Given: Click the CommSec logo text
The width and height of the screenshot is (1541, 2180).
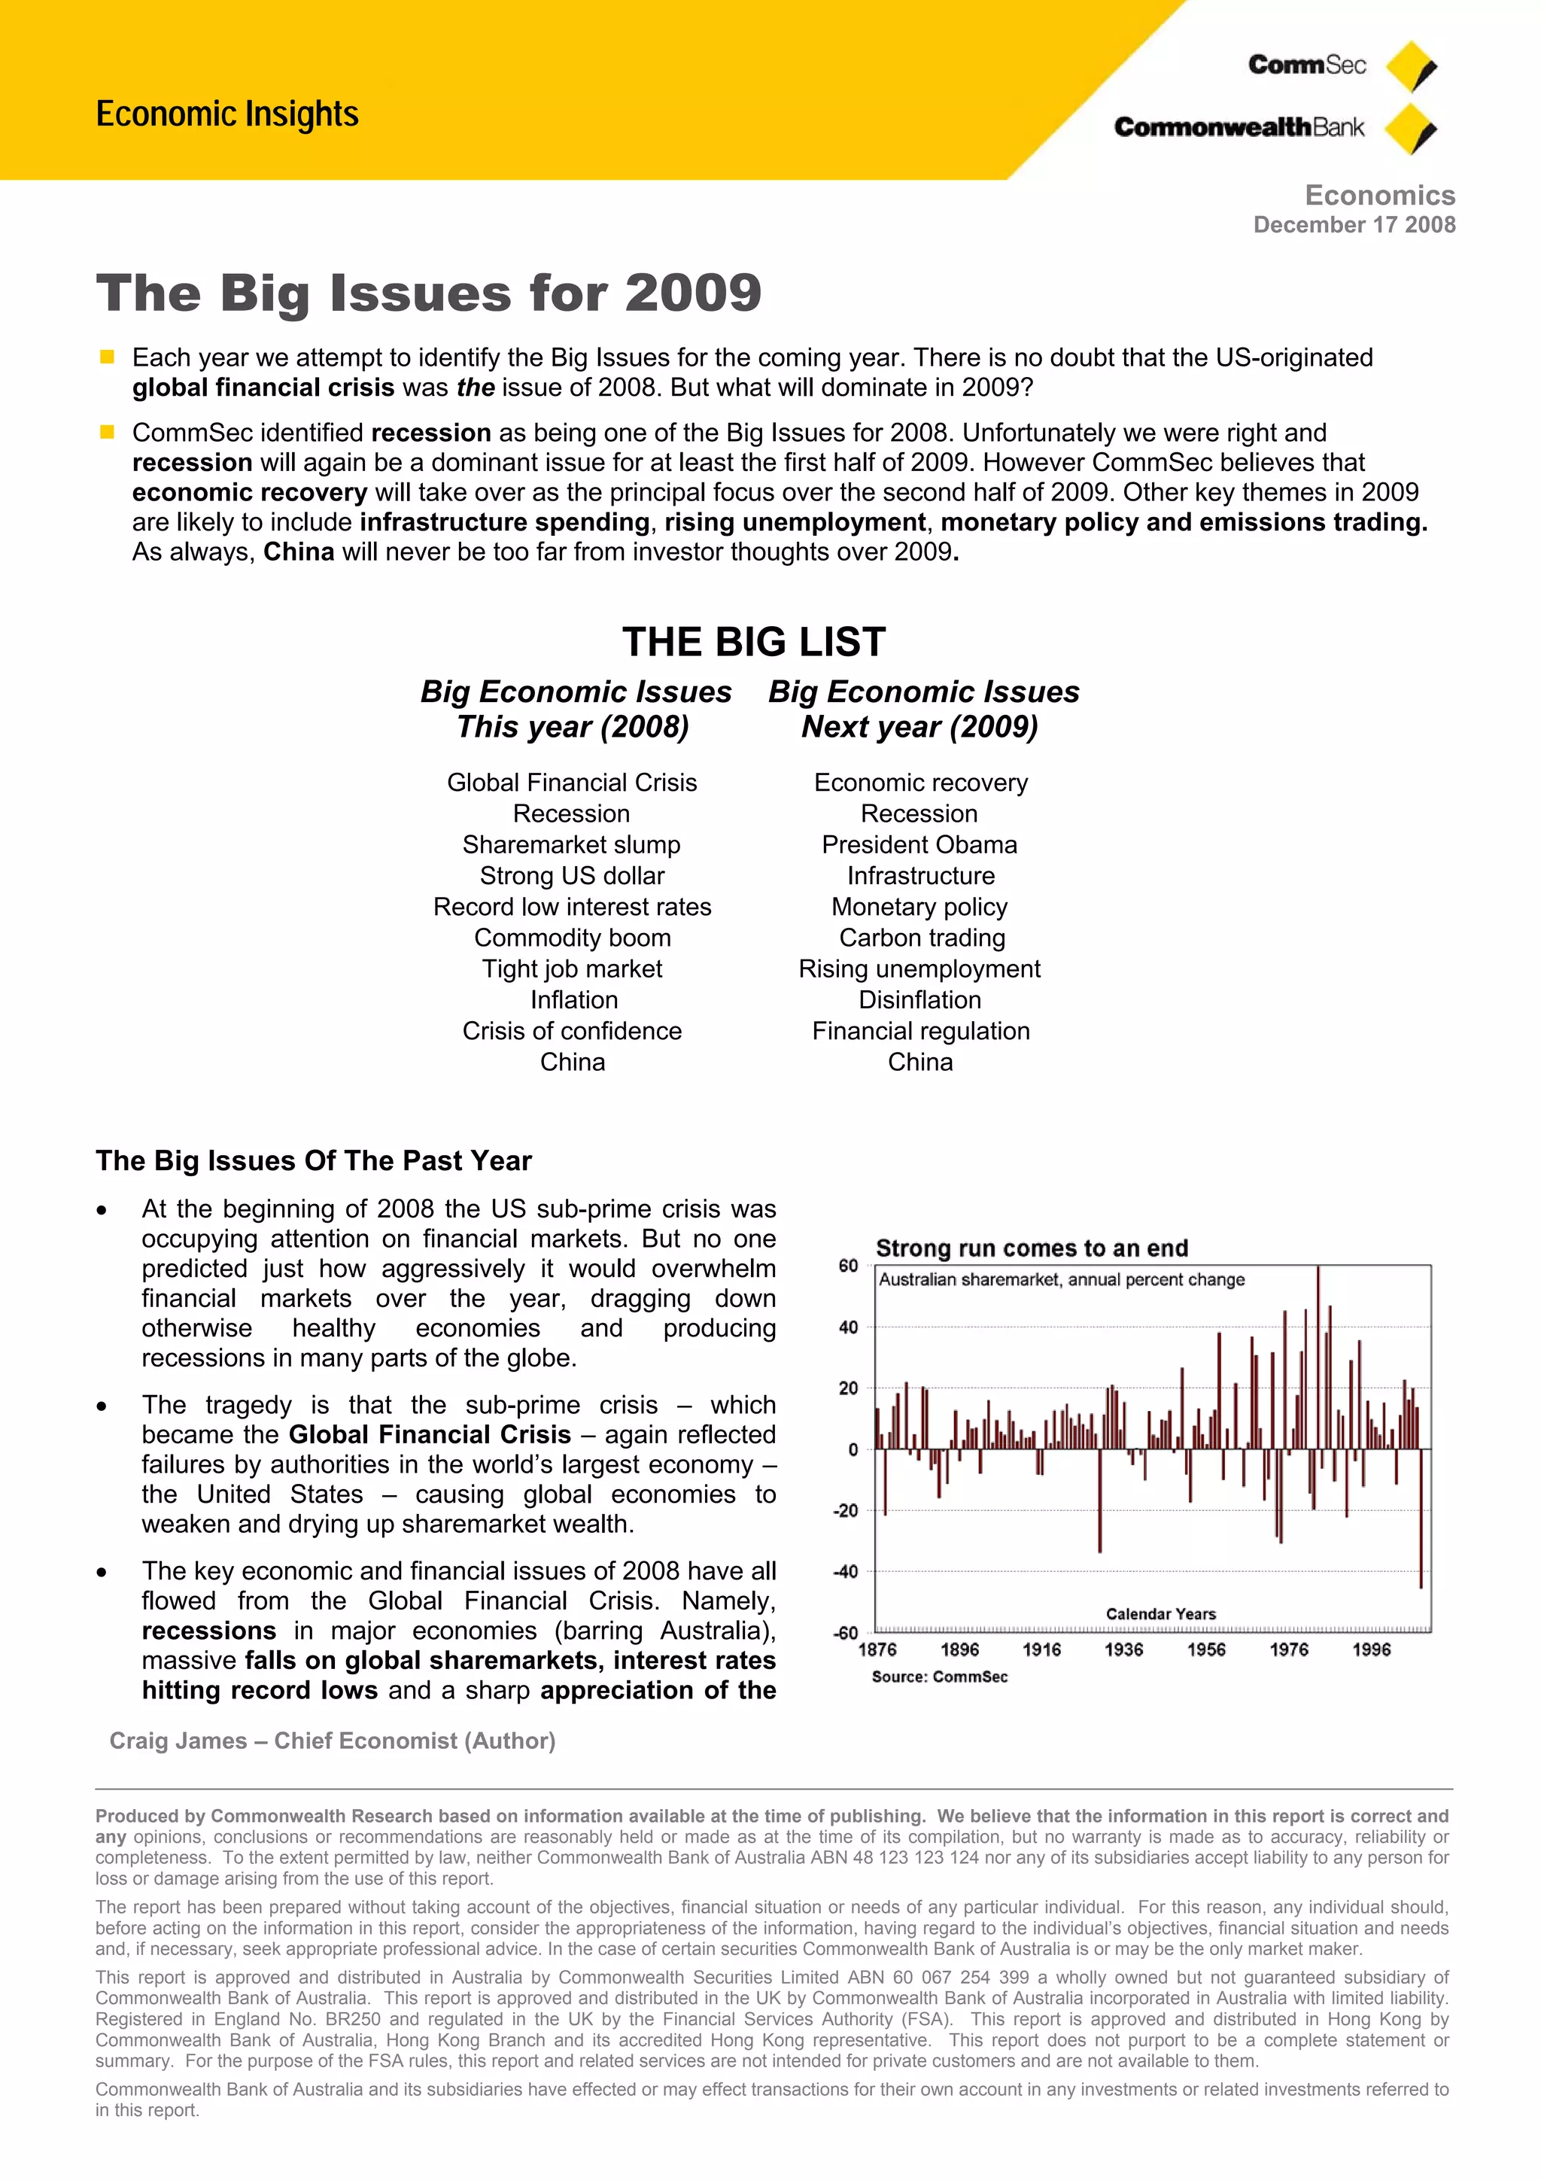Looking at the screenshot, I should point(1306,65).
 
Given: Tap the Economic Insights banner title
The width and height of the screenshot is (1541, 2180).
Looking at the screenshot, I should point(227,114).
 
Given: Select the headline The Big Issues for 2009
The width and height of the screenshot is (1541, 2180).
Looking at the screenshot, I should point(428,293).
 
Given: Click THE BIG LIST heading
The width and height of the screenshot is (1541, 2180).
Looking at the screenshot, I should point(754,642).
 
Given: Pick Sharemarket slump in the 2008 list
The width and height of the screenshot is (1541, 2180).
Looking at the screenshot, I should point(572,844).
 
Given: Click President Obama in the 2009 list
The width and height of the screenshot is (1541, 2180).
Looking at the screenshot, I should point(919,844).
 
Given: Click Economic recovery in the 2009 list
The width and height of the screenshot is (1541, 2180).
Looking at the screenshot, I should point(920,783).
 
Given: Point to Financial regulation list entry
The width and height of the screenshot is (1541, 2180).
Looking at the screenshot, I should point(920,1030).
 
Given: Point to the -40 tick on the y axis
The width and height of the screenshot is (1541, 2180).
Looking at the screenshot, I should point(846,1571).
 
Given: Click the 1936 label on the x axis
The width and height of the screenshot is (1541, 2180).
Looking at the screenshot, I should point(1123,1649).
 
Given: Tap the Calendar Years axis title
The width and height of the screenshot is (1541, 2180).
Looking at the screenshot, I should point(1160,1613).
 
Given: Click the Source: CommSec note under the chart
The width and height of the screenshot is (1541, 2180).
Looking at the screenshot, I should point(939,1677).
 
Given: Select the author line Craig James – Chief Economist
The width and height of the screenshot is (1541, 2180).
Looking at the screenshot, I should point(333,1741).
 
